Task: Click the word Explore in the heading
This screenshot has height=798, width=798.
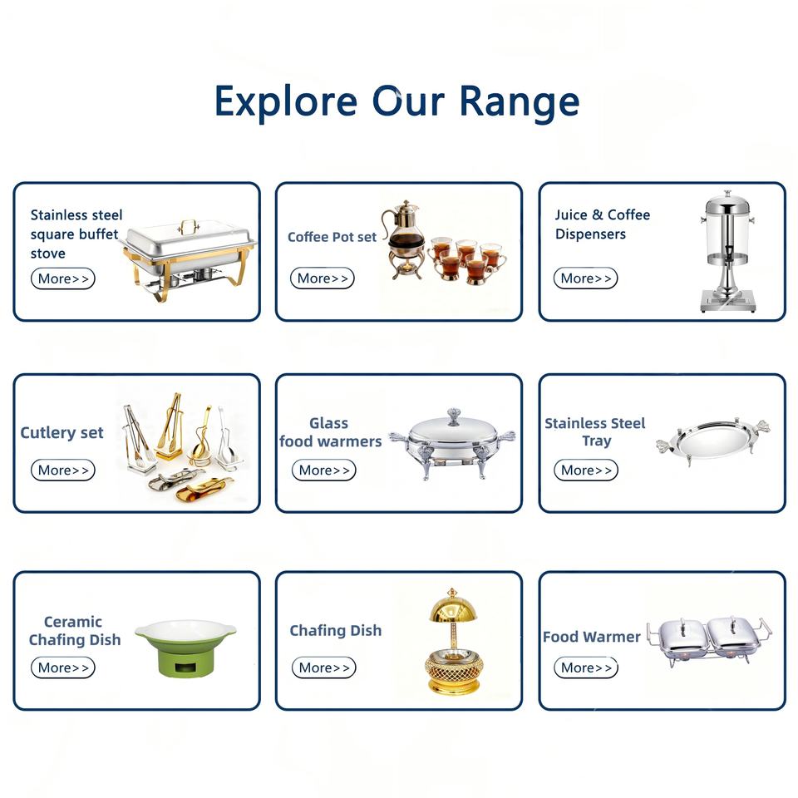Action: point(286,101)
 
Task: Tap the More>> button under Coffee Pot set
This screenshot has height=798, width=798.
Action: point(323,278)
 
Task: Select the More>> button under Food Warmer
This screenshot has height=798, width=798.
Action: point(586,667)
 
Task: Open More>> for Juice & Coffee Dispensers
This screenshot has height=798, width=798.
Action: point(586,278)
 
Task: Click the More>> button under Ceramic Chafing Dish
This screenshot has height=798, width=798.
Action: point(63,667)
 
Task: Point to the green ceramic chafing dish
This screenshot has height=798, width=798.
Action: point(185,648)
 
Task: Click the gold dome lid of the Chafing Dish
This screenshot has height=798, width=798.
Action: point(452,604)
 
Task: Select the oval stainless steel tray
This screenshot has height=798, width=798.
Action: point(713,440)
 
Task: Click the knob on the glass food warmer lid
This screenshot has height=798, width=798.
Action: point(454,416)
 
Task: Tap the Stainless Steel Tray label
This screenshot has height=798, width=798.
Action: point(595,431)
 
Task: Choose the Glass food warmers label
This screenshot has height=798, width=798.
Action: point(330,431)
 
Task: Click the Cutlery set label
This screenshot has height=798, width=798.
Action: point(62,432)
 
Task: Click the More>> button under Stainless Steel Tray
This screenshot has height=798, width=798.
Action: point(586,470)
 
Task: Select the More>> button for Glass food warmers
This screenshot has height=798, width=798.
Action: point(323,470)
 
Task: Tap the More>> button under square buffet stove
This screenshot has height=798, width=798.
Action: point(63,279)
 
